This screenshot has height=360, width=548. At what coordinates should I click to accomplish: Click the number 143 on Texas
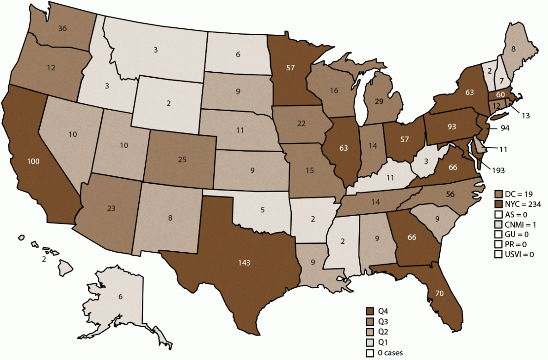tap(244, 263)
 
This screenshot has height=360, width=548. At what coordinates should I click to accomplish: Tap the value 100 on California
tap(33, 161)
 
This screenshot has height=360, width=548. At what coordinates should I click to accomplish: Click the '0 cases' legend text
tap(390, 353)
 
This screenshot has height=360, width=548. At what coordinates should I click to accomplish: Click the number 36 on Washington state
tap(62, 27)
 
